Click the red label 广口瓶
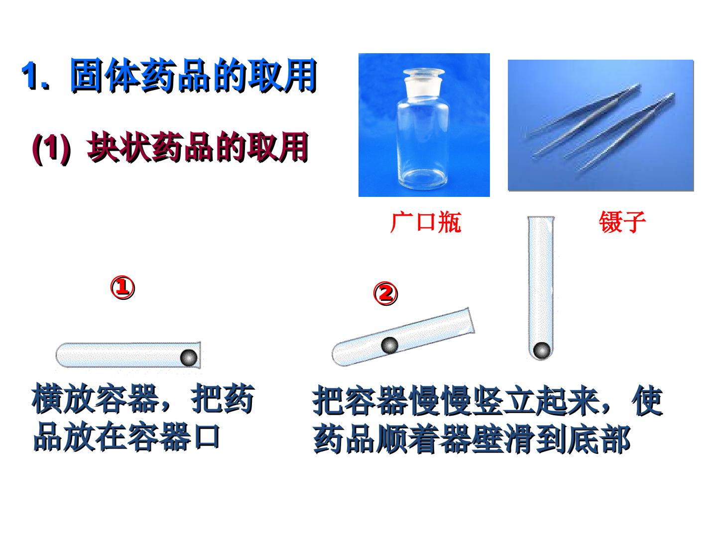tap(426, 223)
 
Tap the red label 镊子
tap(622, 222)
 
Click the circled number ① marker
tap(122, 287)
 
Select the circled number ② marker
tap(385, 293)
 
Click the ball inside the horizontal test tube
tap(189, 358)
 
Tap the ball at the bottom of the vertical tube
tap(542, 351)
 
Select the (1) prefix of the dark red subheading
tap(51, 148)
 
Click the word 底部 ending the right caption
tap(598, 439)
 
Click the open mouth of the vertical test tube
tap(541, 218)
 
